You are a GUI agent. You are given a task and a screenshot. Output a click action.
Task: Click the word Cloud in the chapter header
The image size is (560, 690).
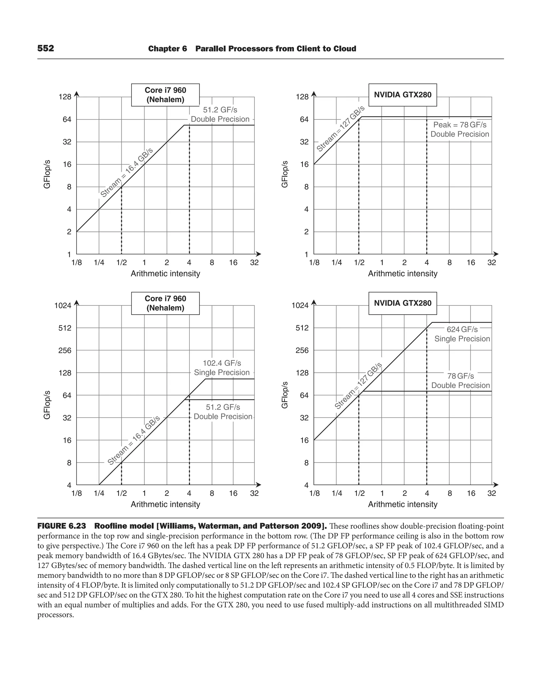345,49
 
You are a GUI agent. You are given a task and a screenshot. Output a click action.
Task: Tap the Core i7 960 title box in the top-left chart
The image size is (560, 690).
165,95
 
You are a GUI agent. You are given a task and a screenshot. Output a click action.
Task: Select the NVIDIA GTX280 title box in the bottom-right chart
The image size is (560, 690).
402,303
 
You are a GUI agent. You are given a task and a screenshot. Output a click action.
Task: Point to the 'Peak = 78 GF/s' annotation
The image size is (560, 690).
459,125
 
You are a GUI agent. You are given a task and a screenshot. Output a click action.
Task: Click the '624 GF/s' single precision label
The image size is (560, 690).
462,329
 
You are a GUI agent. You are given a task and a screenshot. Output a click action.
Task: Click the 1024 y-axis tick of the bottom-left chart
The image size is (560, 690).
63,305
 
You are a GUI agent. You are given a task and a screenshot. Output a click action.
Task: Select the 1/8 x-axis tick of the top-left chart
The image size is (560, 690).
77,263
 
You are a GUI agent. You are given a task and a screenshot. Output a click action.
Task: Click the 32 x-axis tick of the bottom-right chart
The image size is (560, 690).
491,493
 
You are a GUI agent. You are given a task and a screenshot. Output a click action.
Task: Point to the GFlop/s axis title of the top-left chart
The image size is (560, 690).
47,174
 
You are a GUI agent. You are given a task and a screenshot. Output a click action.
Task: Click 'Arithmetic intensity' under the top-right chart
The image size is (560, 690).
402,274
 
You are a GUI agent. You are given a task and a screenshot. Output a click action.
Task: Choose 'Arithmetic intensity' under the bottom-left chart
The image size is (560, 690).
165,504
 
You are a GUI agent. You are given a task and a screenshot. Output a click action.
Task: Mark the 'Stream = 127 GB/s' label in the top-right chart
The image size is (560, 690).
340,129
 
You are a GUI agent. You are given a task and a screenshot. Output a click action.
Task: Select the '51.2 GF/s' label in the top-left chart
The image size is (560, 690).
220,110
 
